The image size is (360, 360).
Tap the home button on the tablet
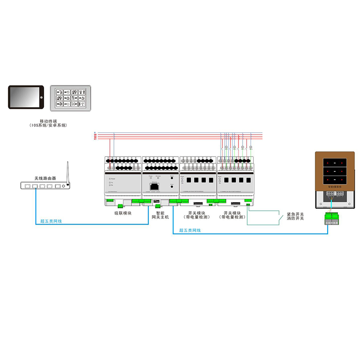(x=40, y=98)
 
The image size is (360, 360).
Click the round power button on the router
(x=63, y=185)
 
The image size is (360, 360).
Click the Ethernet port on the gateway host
(x=154, y=185)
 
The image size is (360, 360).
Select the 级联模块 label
(x=123, y=213)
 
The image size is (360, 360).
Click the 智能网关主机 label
(x=160, y=215)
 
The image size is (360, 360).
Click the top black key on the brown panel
(x=333, y=161)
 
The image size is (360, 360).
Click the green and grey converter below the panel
(x=333, y=219)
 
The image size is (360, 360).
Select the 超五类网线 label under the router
(x=51, y=221)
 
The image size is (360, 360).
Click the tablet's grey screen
(x=24, y=97)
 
